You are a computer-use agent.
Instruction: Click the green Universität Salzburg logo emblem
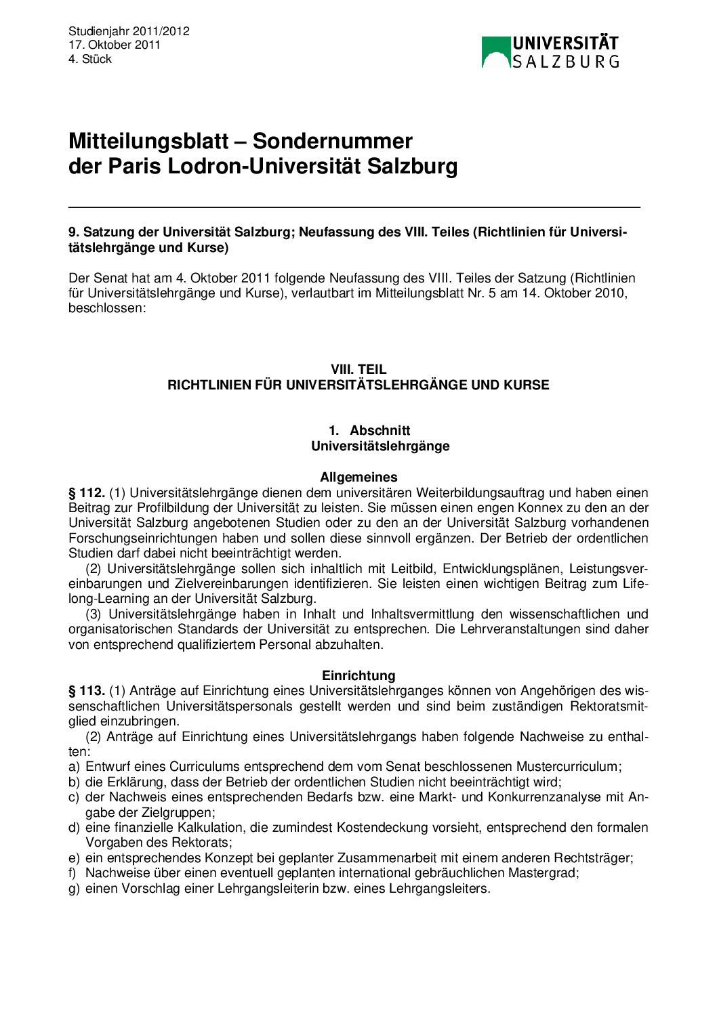pos(495,52)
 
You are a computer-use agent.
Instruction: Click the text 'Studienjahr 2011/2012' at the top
pos(129,31)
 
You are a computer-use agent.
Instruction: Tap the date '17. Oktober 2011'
pos(115,45)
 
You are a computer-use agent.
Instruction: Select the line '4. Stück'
pos(90,59)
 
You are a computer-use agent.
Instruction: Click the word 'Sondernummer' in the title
pos(332,141)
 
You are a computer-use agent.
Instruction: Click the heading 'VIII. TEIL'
pos(358,369)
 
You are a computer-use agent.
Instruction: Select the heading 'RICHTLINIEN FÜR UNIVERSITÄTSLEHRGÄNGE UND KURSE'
pos(358,385)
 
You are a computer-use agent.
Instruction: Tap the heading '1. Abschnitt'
pos(369,430)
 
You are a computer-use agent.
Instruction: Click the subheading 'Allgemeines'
pos(358,477)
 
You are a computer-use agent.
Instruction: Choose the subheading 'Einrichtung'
pos(358,675)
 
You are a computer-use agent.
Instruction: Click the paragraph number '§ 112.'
pos(86,492)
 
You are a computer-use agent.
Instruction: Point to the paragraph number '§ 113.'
pos(86,691)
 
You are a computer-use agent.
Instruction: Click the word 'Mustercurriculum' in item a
pos(568,767)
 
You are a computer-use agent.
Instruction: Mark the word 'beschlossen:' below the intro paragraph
pos(107,308)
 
